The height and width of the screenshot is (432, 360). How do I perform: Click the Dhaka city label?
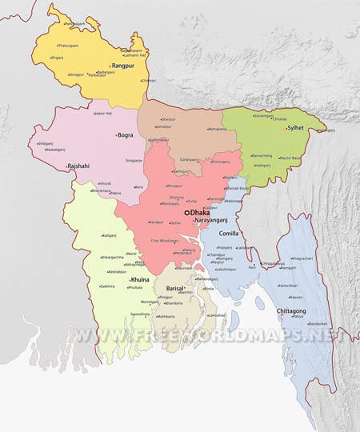(200, 213)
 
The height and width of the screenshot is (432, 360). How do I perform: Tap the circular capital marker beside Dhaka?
(187, 213)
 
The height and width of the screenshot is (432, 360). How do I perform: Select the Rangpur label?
(123, 66)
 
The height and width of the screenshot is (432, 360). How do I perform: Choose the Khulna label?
(140, 279)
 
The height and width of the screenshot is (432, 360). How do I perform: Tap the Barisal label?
(175, 287)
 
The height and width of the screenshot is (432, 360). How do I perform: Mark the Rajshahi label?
(79, 166)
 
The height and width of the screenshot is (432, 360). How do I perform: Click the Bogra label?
(126, 135)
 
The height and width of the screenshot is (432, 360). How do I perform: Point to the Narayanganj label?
(212, 220)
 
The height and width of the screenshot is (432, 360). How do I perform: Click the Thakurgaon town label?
(68, 46)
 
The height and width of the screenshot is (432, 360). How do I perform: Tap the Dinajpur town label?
(77, 74)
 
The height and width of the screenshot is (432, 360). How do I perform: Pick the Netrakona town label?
(218, 129)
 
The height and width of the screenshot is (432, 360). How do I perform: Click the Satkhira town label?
(108, 286)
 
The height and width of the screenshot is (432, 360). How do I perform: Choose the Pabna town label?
(116, 194)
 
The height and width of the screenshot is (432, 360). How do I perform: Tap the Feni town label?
(252, 267)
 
